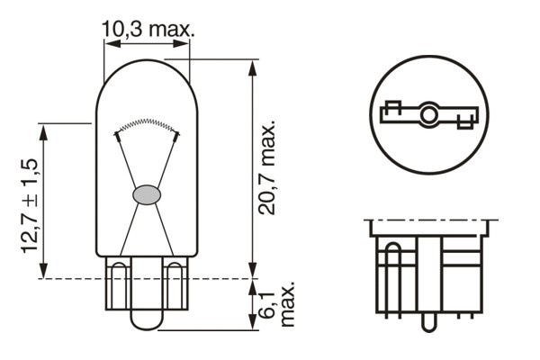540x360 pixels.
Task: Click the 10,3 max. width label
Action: pyautogui.click(x=148, y=30)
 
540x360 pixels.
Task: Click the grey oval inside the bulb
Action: pyautogui.click(x=147, y=193)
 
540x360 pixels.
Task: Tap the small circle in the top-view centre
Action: pyautogui.click(x=429, y=114)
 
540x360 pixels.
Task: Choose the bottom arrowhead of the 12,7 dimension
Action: pyautogui.click(x=42, y=274)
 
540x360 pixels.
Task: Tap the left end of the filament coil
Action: pyautogui.click(x=116, y=134)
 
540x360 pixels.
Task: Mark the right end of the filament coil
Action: pyautogui.click(x=177, y=134)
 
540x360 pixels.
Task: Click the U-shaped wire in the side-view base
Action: pyautogui.click(x=391, y=279)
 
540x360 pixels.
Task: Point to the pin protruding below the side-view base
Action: pyautogui.click(x=430, y=319)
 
